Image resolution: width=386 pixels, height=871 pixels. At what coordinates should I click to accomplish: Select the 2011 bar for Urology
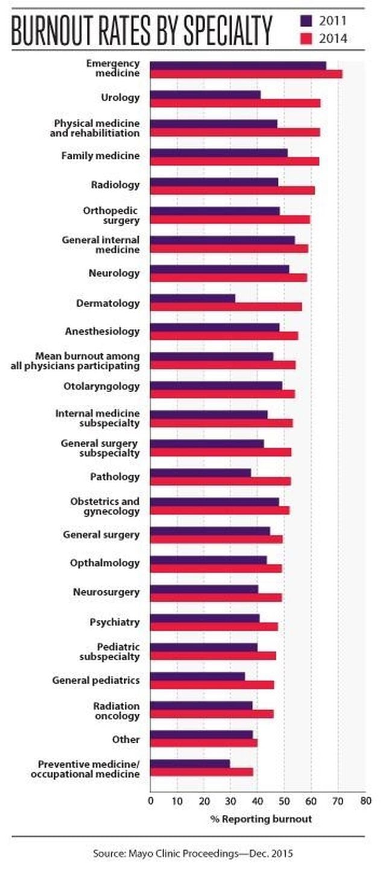(205, 95)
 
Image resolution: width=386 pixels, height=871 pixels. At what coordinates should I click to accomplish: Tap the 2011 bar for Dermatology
(192, 298)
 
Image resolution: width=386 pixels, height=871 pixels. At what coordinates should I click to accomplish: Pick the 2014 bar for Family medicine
(235, 161)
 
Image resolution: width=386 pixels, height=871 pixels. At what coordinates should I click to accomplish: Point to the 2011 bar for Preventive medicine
(190, 763)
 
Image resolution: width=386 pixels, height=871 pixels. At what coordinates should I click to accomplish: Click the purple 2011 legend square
(306, 22)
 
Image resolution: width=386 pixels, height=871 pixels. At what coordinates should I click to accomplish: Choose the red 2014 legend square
(306, 39)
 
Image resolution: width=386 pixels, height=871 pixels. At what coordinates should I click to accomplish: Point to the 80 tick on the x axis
(364, 801)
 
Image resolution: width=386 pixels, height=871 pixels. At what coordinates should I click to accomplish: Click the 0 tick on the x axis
(151, 801)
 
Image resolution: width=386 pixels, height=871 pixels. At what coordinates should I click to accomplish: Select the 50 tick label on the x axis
(284, 801)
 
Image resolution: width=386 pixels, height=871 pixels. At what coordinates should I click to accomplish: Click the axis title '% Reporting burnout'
(261, 819)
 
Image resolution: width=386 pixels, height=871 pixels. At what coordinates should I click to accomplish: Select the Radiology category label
(120, 185)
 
